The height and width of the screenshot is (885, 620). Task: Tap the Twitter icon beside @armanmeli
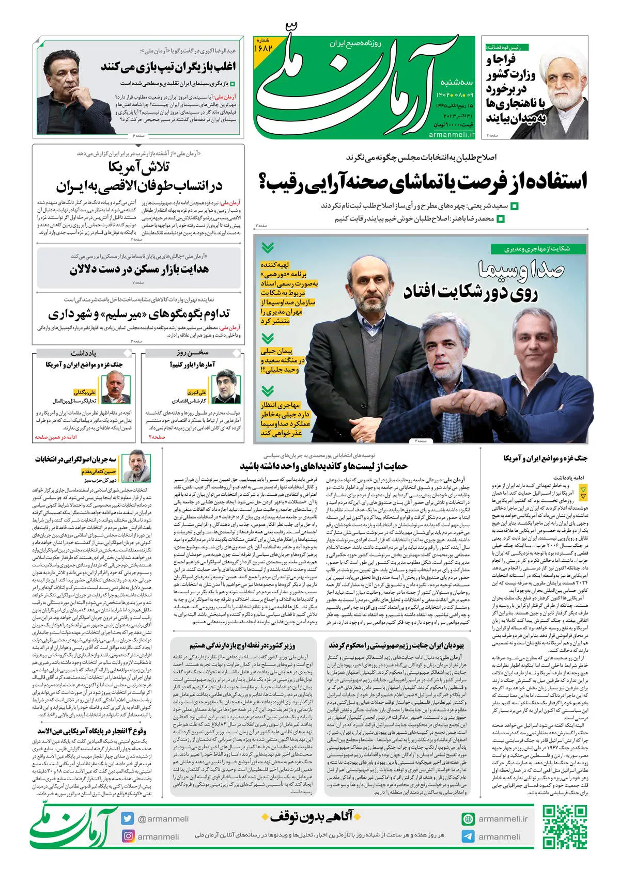(128, 818)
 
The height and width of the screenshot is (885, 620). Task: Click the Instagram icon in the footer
(128, 836)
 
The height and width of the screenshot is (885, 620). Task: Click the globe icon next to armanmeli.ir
(468, 819)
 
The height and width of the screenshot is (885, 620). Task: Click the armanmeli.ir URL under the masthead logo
(451, 134)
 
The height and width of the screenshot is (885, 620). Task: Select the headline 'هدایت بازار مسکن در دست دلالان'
(139, 269)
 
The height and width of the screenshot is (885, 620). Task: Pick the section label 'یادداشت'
(84, 353)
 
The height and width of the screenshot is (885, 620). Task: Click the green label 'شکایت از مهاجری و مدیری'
(537, 249)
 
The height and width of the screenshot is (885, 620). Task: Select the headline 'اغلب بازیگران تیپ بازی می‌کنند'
(168, 67)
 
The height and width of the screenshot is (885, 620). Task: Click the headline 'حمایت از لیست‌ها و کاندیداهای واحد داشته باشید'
(323, 466)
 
